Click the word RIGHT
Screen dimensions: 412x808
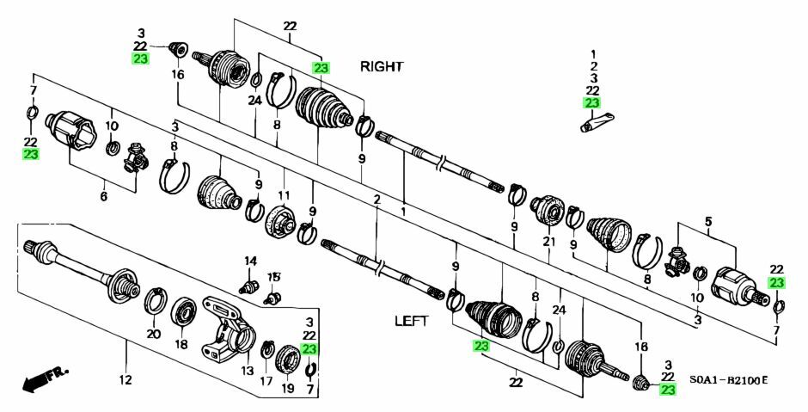(382, 66)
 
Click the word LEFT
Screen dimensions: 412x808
(410, 321)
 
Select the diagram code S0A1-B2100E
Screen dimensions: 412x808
(728, 379)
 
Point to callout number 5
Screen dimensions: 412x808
(708, 221)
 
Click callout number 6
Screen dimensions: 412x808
(104, 197)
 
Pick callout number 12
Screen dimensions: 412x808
(125, 380)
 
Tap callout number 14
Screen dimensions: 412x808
(250, 261)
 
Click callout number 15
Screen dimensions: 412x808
(273, 276)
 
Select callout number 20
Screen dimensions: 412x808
(153, 334)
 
